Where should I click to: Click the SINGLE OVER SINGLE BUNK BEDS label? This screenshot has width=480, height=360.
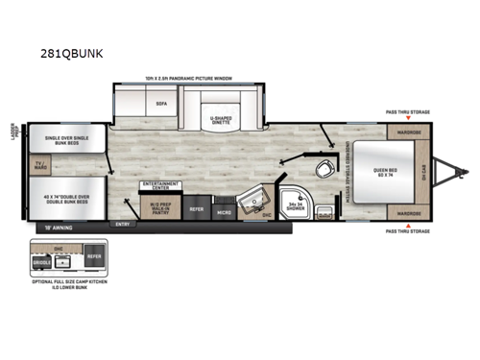[60, 141]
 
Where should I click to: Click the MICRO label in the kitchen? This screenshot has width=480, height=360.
[223, 209]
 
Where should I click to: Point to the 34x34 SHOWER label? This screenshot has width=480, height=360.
[295, 205]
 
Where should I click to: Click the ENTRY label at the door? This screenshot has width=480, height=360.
[122, 223]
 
